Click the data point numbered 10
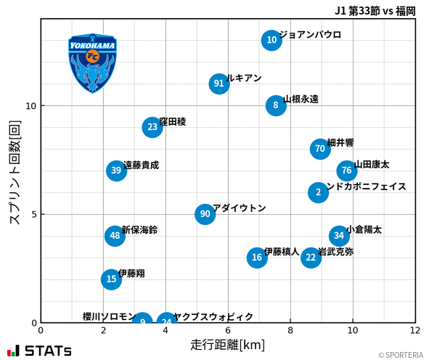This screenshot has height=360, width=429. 271,40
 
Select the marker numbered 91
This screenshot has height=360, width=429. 219,83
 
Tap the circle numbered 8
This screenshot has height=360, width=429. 276,105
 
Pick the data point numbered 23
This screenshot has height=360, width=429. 152,127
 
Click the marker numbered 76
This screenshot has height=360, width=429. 347,171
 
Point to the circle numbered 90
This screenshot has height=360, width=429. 205,214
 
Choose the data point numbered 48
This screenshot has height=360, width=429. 115,235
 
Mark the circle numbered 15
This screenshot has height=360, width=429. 110,279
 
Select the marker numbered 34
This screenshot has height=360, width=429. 339,235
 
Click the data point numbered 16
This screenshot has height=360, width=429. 256,257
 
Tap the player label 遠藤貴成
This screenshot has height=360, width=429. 141,165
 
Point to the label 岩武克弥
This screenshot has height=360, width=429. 336,252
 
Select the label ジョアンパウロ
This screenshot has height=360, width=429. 310,34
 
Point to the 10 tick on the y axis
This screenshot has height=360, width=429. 30,106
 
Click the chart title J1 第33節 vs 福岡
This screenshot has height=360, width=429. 375,10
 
